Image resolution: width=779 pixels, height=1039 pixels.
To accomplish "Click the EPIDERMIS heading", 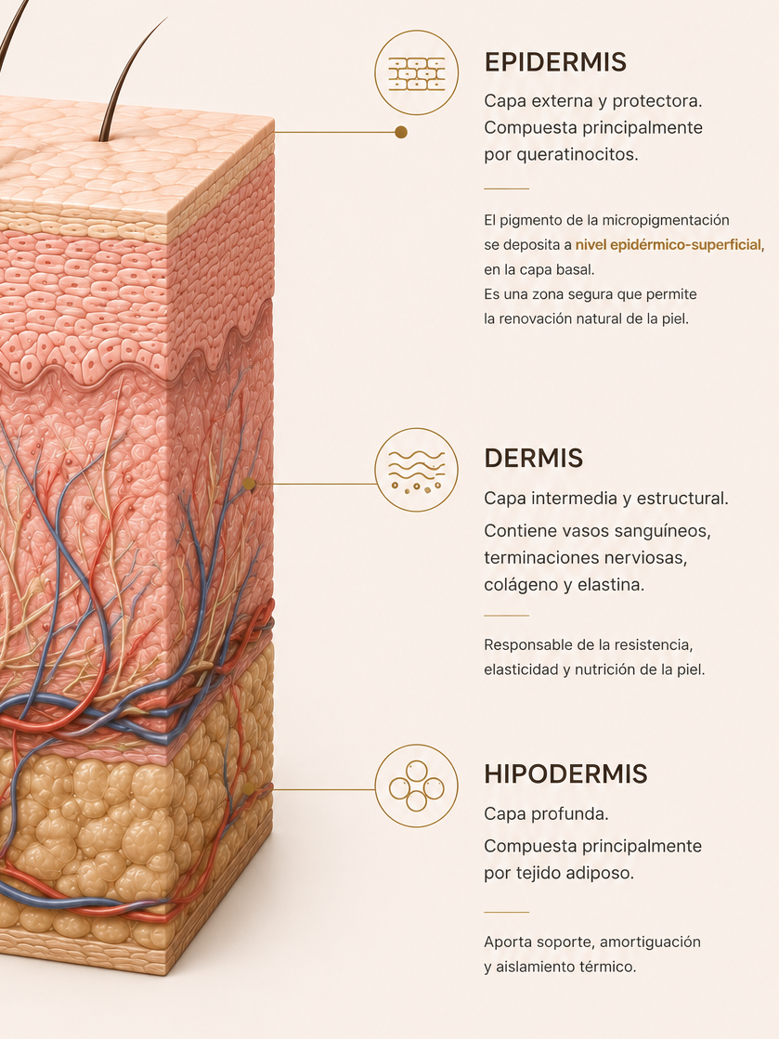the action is pos(555,61).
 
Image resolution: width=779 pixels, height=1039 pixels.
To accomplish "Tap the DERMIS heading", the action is pos(533,458).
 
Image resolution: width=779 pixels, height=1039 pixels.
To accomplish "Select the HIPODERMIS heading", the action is pos(565,773).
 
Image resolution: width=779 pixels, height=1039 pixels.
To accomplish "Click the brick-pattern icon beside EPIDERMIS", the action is pos(417,72).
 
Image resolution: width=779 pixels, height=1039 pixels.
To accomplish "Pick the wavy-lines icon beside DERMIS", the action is pos(417,470).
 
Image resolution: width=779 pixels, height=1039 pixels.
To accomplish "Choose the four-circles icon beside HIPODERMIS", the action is pos(417,786).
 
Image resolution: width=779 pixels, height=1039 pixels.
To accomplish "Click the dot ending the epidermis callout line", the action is pos(401,132).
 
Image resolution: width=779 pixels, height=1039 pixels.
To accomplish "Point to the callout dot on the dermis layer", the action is pos(249,484).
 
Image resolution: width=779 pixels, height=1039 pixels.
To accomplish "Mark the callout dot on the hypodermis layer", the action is pos(249,789).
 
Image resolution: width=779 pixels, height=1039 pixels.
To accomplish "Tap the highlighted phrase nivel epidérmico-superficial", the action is pos(669,245).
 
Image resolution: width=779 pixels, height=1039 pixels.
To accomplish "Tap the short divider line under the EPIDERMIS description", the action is pos(507,188).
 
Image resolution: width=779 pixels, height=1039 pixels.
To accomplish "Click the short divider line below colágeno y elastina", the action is pos(507,616).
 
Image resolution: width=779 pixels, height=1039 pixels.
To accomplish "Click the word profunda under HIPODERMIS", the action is pos(576,813).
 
